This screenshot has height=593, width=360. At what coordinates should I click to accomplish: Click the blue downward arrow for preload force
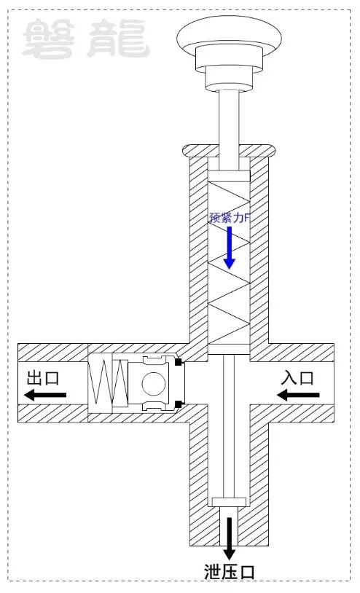(229, 248)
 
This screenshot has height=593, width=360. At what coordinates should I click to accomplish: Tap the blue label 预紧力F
(230, 218)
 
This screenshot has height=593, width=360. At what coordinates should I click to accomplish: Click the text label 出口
(43, 378)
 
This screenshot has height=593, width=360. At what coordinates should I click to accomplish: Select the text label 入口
(297, 378)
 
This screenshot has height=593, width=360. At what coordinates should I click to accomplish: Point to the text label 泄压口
(230, 571)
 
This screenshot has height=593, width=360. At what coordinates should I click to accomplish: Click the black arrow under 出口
(45, 395)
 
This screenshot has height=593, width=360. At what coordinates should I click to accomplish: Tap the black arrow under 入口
(298, 395)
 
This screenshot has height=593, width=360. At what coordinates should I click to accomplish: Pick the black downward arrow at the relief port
(229, 538)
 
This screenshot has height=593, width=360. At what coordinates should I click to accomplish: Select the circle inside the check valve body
(154, 383)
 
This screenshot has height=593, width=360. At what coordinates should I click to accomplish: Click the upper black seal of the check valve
(179, 362)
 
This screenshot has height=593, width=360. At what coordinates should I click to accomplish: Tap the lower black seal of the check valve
(179, 404)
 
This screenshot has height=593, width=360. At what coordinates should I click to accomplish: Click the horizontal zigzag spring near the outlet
(108, 382)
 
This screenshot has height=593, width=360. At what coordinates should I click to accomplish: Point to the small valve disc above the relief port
(229, 502)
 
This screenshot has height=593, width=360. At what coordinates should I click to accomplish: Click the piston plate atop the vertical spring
(229, 176)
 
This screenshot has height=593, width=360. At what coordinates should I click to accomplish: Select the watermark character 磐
(48, 39)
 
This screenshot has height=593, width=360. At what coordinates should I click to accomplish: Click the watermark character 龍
(118, 39)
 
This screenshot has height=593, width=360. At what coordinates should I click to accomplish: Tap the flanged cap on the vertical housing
(229, 151)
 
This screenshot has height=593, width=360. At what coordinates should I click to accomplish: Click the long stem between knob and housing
(229, 130)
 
